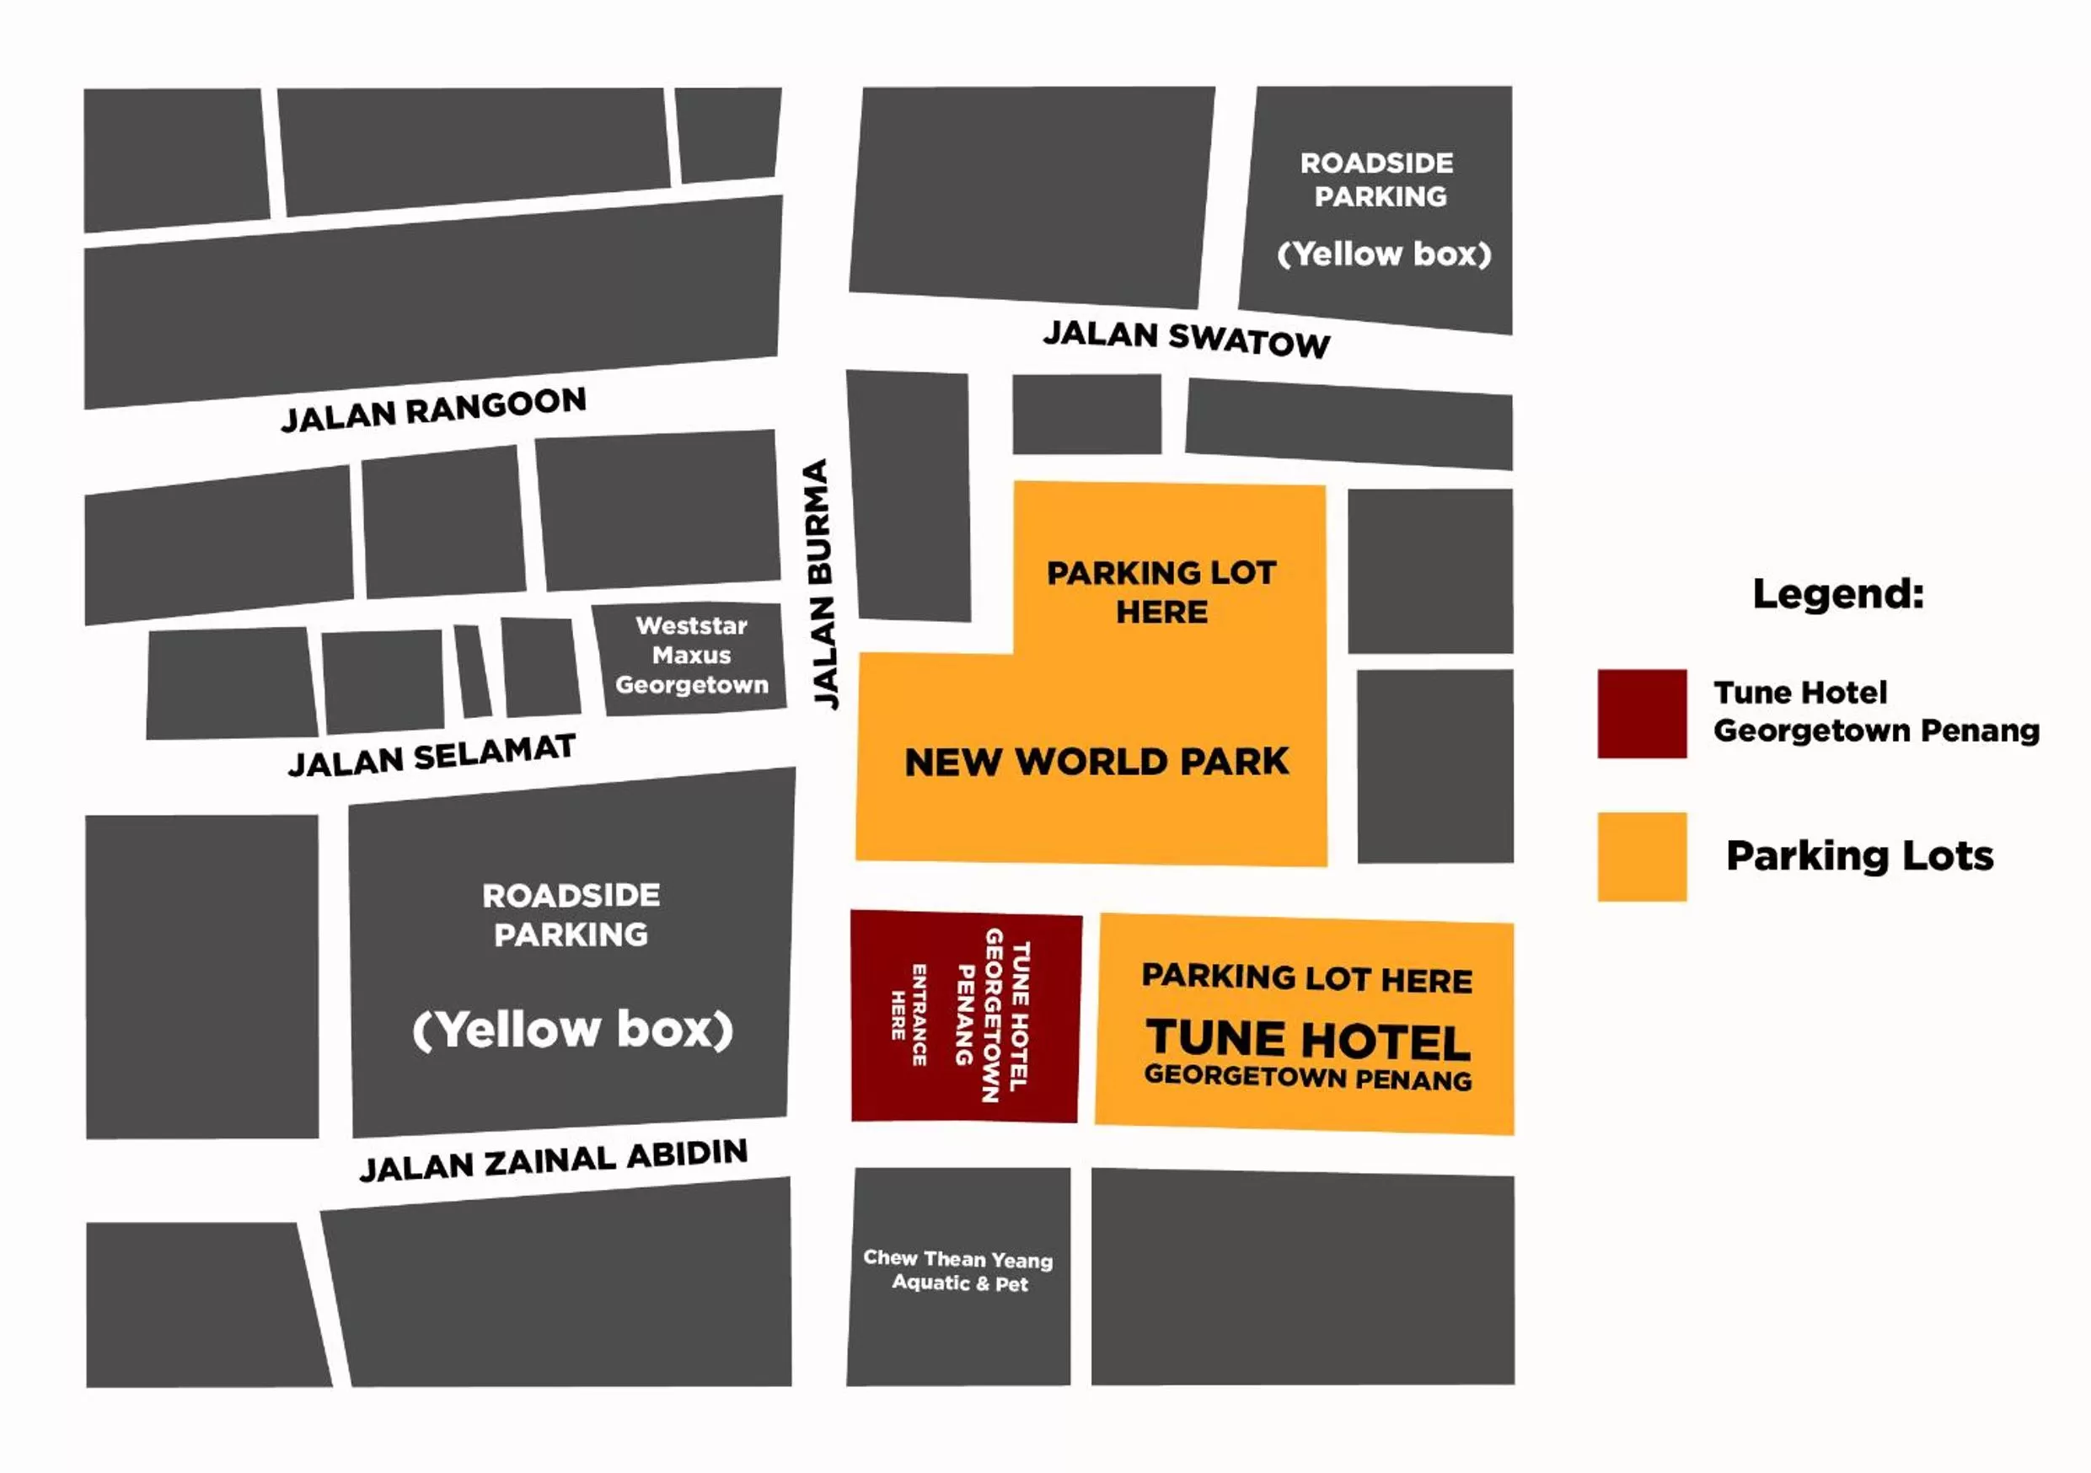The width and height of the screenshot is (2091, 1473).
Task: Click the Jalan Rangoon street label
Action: click(x=433, y=409)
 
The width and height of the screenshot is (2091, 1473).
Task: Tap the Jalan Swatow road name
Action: click(x=1186, y=339)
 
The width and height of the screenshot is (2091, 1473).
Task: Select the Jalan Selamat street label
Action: click(x=432, y=755)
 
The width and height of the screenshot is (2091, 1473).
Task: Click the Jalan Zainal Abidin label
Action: click(x=553, y=1160)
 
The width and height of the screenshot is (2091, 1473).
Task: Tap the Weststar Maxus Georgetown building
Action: click(x=691, y=656)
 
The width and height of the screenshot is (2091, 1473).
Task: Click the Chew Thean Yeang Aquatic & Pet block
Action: click(x=958, y=1270)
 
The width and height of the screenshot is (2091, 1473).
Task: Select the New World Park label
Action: click(x=1096, y=762)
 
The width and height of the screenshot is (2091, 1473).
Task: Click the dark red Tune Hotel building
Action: click(x=965, y=1016)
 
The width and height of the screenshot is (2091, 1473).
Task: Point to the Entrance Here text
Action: click(x=909, y=1015)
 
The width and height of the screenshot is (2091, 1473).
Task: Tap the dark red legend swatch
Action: click(x=1641, y=714)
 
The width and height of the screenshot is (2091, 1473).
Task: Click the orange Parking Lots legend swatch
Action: click(x=1641, y=857)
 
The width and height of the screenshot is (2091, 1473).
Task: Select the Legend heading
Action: click(x=1838, y=593)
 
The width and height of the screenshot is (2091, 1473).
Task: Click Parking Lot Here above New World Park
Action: click(x=1161, y=592)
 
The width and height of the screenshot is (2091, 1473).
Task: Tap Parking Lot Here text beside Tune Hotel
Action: click(x=1307, y=978)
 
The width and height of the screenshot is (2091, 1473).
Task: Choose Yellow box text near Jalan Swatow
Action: click(x=1384, y=254)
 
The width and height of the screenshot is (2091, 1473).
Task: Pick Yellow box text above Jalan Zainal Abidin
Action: click(x=572, y=1030)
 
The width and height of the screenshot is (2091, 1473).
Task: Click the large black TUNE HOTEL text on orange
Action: click(x=1308, y=1040)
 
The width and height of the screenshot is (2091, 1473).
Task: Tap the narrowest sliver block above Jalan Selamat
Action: click(x=472, y=672)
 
